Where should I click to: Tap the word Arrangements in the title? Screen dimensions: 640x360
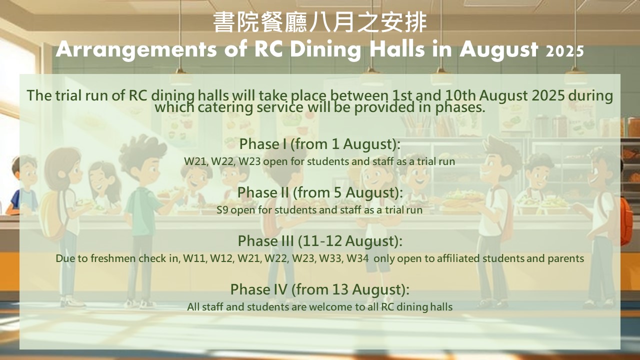tap(136, 50)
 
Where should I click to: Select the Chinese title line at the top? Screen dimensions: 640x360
tap(320, 22)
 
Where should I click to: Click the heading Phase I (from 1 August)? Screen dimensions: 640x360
tap(319, 144)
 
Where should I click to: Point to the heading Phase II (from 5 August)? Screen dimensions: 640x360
tap(320, 193)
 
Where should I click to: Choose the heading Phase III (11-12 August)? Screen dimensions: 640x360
tap(320, 241)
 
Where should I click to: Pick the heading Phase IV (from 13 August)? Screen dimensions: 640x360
tap(319, 289)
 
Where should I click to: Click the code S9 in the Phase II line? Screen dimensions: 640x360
tap(222, 210)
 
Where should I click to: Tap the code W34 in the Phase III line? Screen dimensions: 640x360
tap(357, 258)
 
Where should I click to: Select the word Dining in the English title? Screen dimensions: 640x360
tap(325, 50)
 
